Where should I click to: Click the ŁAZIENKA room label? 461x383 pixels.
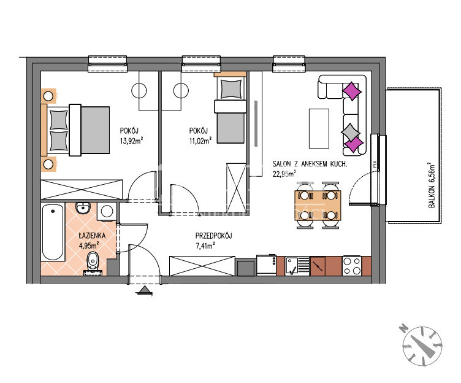click(x=92, y=236)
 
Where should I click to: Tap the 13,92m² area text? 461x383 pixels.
click(x=131, y=141)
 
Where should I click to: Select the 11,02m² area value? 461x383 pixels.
click(x=200, y=141)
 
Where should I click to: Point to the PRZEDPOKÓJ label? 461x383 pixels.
click(x=214, y=236)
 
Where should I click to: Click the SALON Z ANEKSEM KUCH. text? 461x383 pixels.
click(x=310, y=164)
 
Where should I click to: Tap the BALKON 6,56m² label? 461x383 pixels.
click(x=432, y=185)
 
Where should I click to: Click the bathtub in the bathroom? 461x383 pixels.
click(x=53, y=232)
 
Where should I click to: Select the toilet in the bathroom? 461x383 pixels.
click(x=93, y=262)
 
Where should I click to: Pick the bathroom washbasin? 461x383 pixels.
click(x=84, y=208)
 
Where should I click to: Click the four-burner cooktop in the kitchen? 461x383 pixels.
click(x=352, y=266)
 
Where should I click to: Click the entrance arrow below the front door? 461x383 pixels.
click(x=144, y=290)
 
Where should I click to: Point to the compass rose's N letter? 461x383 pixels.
click(x=403, y=328)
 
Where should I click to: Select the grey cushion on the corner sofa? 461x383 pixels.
click(x=350, y=131)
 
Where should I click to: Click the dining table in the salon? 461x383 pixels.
click(x=318, y=205)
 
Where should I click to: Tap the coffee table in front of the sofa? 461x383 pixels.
click(x=319, y=128)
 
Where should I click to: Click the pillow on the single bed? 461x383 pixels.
click(x=231, y=89)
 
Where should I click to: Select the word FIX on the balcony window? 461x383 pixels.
click(x=375, y=164)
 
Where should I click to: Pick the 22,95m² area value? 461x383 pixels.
click(x=284, y=174)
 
